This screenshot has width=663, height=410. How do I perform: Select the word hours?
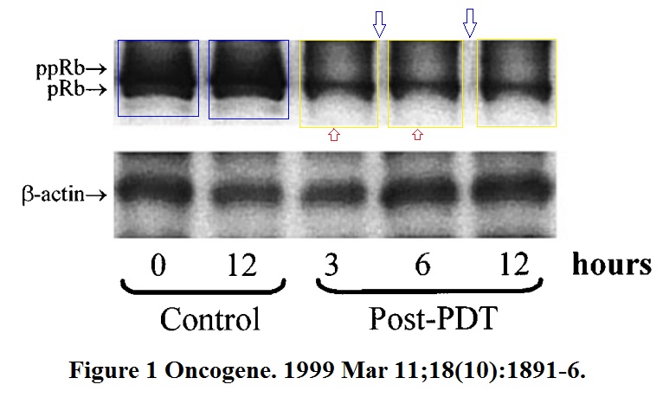[x=611, y=264]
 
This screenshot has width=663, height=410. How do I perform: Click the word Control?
[x=209, y=319]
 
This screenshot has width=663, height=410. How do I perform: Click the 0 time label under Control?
[x=157, y=264]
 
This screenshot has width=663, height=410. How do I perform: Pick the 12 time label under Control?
[x=241, y=264]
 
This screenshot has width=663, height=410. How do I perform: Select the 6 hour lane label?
[x=421, y=264]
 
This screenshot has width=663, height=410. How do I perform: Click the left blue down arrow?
[x=379, y=24]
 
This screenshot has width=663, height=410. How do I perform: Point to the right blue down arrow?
[x=470, y=23]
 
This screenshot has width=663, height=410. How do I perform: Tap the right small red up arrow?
[x=417, y=134]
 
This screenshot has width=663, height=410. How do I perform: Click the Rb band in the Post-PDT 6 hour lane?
[x=425, y=89]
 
